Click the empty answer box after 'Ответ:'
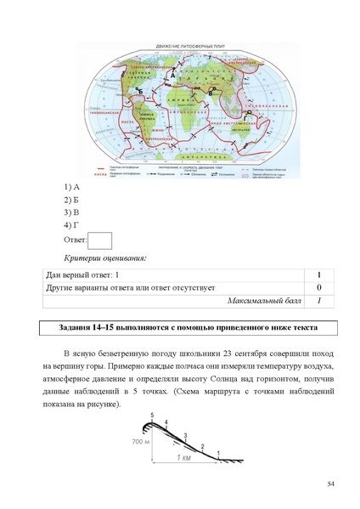tap(100, 241)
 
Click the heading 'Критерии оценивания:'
tap(105, 257)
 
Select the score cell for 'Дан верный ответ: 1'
tap(318, 275)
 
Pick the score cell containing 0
tap(318, 288)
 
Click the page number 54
tap(331, 484)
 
